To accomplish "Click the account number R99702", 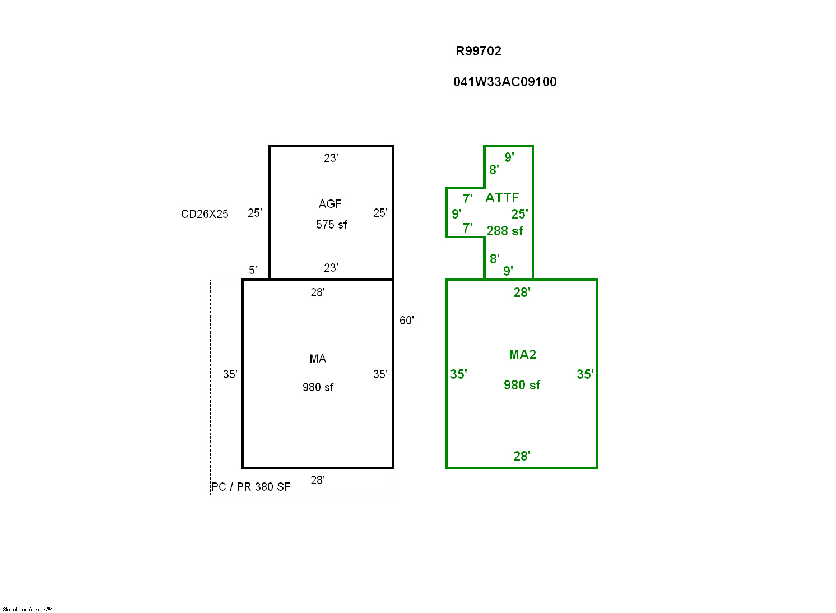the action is coord(478,51).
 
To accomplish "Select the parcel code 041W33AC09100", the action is coord(505,82).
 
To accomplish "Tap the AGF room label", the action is coord(330,204).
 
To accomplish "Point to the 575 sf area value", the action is coord(331,225).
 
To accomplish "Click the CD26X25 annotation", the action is coord(205,214).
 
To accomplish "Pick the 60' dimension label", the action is coord(407,321).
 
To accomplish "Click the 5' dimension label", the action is coord(253,270).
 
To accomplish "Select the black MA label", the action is coord(318,359).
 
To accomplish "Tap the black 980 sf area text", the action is coord(318,387).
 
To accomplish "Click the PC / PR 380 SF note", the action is coord(251,487).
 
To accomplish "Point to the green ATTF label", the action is coord(502,198).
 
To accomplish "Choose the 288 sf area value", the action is coord(505,231).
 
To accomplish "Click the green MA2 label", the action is coord(522,355).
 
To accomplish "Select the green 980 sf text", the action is coord(522,385).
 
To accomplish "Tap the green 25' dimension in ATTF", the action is coord(519,214).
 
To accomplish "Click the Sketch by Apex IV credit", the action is coord(27,609).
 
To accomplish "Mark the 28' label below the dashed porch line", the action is coord(318,480).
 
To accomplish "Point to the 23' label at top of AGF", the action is coord(331,158).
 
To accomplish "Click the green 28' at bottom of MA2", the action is coord(522,456).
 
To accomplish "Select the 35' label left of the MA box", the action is coord(230,374).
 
